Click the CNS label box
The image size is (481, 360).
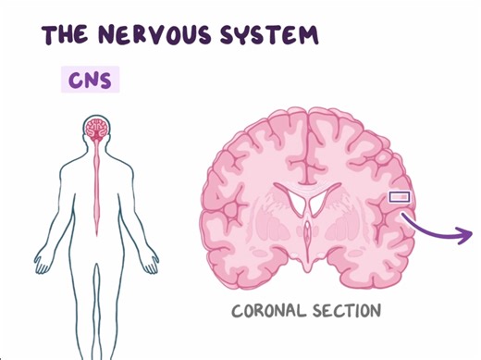[90, 80]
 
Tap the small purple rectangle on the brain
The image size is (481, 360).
[399, 196]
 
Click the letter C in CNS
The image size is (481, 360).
[74, 80]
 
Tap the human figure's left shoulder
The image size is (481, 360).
[125, 167]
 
